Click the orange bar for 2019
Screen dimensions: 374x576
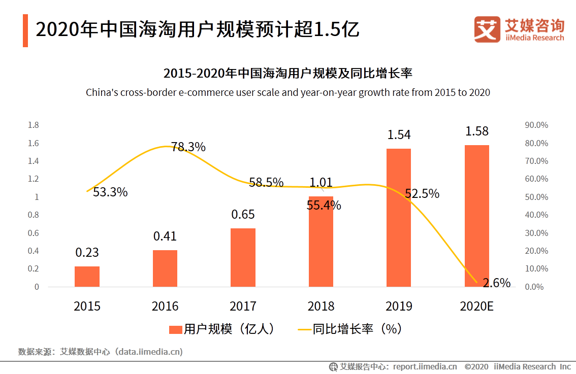coord(399,218)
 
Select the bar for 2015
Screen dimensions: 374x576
coord(87,277)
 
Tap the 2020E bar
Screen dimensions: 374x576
coord(477,216)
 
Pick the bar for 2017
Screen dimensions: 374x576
coord(243,257)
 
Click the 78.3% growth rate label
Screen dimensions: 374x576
coord(188,147)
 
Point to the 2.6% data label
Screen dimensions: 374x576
coord(496,283)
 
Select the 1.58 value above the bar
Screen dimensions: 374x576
coord(477,131)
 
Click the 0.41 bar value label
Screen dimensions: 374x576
coord(165,236)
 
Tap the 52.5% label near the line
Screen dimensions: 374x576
coord(422,194)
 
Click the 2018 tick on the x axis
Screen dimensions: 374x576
coord(321,307)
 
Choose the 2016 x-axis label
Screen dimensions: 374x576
coord(165,307)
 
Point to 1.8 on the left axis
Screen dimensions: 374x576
coord(33,125)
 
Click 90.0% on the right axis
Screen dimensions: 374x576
coord(536,125)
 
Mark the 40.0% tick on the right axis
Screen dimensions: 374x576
coord(536,215)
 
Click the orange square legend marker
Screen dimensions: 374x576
coord(175,329)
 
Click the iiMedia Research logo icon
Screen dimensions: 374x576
coord(487,29)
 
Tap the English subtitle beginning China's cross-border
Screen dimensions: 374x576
coord(287,93)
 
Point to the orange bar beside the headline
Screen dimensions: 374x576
coord(25,30)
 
